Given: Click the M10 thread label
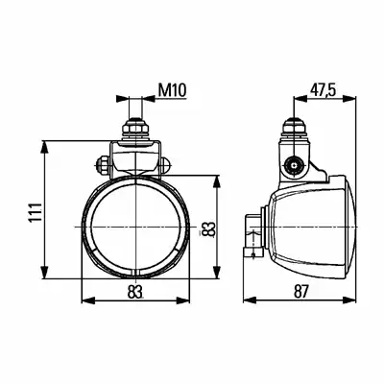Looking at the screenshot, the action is (172, 90).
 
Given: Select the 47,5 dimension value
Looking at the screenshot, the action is (323, 90).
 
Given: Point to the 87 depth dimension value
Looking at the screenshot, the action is (300, 292).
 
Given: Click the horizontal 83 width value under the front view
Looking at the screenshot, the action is (134, 292).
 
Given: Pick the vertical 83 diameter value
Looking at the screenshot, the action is (210, 229).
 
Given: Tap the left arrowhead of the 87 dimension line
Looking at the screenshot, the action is (251, 300).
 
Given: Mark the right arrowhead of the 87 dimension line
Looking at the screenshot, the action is (348, 300).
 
